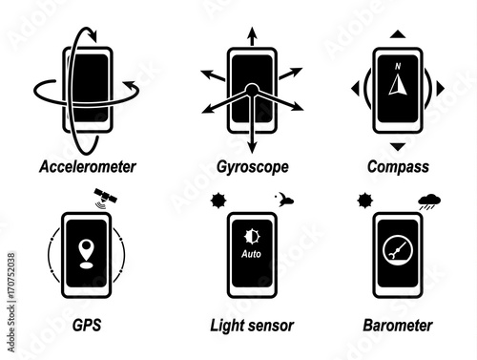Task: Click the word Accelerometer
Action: [88, 167]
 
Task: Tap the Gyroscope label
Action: [253, 167]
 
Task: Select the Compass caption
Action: [398, 167]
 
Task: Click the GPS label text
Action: [87, 325]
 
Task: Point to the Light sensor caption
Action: [252, 326]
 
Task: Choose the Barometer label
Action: [398, 326]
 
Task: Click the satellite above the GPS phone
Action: [105, 199]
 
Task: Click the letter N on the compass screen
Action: [398, 66]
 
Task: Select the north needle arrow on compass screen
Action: [398, 84]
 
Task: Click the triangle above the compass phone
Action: [398, 34]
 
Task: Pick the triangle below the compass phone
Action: [398, 147]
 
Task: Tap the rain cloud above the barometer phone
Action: [429, 201]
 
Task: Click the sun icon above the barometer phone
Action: [365, 201]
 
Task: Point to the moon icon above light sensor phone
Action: [284, 200]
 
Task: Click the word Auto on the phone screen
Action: [251, 254]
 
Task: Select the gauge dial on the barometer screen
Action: [398, 250]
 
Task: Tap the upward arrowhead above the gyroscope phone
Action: [252, 32]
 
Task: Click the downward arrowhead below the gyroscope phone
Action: [252, 148]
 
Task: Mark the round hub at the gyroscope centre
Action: [252, 90]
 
